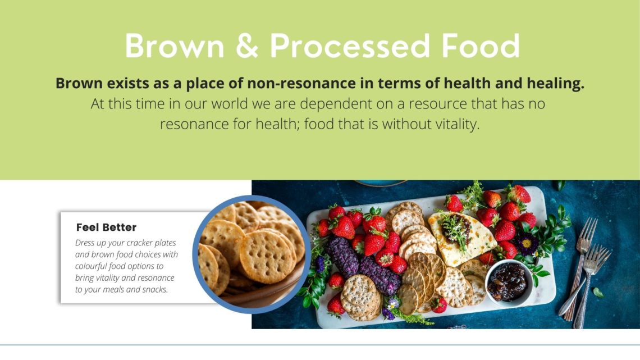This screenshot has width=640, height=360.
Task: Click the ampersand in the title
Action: tap(247, 45)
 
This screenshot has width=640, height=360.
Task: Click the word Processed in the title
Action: tap(350, 45)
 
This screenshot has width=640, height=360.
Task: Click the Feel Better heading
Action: tap(106, 227)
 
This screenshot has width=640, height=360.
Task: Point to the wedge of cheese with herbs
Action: tap(462, 237)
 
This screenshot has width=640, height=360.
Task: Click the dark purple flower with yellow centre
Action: tap(527, 243)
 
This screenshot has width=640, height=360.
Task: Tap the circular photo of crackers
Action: tap(252, 254)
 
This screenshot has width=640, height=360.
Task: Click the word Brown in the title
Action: tap(175, 45)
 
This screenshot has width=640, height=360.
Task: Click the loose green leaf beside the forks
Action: tap(598, 292)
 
